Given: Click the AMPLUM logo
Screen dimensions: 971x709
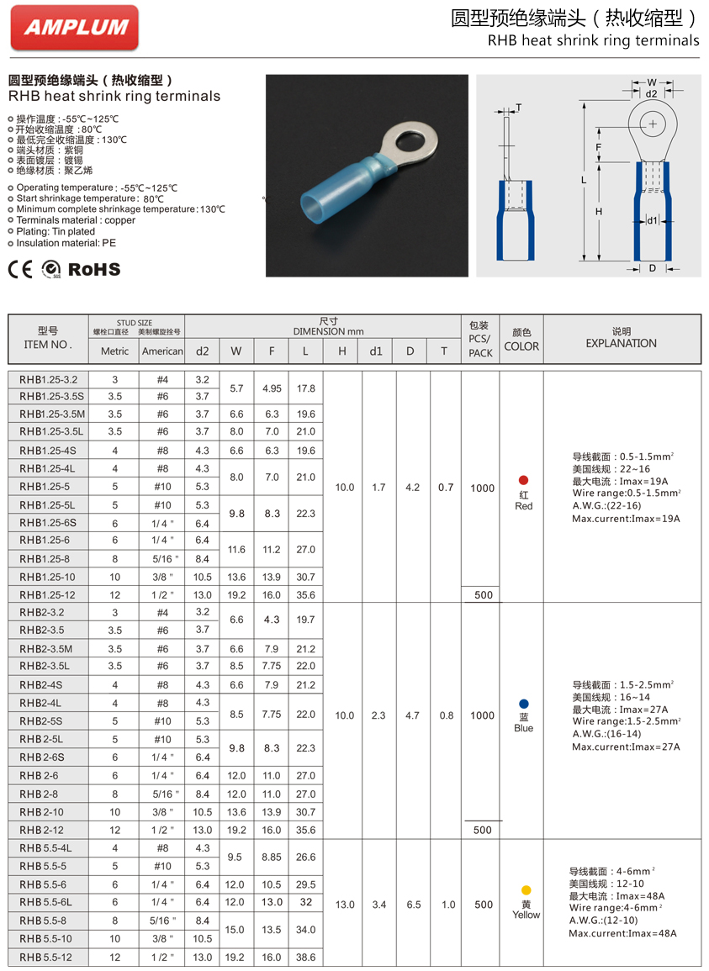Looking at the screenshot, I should (x=75, y=27).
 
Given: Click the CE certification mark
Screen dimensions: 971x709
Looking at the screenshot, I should (x=20, y=269).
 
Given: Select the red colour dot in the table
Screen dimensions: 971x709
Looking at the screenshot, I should (x=524, y=480).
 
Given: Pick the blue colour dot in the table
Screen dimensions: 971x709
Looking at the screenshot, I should (x=524, y=703).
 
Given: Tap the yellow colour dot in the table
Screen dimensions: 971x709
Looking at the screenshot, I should (x=526, y=889).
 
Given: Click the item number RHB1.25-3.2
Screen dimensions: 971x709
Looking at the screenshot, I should (x=48, y=379).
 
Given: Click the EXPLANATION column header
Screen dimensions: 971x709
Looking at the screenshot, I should (x=622, y=343).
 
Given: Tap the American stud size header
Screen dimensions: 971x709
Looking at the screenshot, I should (x=162, y=351).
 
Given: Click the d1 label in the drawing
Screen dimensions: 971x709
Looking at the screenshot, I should (x=652, y=221).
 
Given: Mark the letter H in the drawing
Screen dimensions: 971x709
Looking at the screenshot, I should (x=599, y=212).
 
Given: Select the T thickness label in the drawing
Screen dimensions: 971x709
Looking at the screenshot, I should (x=518, y=108).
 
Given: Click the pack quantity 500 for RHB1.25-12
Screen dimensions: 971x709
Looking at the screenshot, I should (x=482, y=594).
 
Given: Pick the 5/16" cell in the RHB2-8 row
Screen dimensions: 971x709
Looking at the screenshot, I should (x=162, y=794).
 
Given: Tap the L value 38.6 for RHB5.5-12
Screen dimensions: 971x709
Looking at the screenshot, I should (x=306, y=957).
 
